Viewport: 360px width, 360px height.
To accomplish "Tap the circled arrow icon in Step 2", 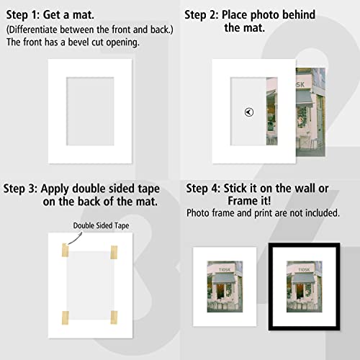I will click(x=248, y=112).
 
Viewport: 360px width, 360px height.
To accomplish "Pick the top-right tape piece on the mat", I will click(x=113, y=253).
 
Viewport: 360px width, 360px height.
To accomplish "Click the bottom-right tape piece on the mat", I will click(x=113, y=316).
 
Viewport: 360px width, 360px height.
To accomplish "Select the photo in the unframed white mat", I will click(x=226, y=287).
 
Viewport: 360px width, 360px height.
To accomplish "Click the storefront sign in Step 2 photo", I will click(x=281, y=84).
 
